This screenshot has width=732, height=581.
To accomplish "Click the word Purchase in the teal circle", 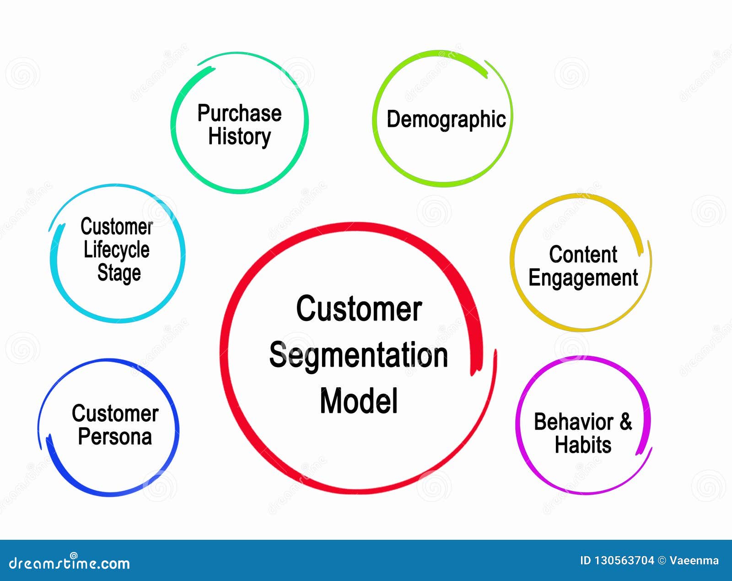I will click(x=239, y=113).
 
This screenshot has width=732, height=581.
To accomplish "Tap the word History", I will click(x=239, y=136).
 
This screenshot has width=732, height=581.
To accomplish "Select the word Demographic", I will click(x=446, y=119).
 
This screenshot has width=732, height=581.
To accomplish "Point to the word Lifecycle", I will click(x=117, y=250).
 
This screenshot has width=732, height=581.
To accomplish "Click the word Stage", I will click(x=119, y=273).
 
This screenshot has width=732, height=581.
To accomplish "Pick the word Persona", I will click(x=115, y=437).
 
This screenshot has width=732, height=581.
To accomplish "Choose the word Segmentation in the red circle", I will click(x=358, y=356).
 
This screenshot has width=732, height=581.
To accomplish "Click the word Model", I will click(x=359, y=402).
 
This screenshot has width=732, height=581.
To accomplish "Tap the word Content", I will click(x=583, y=255).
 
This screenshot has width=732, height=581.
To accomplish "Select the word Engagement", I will click(x=583, y=278).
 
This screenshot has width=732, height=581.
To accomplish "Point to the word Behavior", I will click(x=574, y=422).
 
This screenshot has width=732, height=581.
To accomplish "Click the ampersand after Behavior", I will click(x=626, y=421).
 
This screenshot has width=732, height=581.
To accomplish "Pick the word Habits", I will click(x=583, y=445).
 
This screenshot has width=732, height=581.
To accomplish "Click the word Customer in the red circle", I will click(x=359, y=309).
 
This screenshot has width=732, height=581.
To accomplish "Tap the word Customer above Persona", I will click(x=115, y=413).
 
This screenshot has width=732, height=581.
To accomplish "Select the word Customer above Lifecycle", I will click(x=117, y=227).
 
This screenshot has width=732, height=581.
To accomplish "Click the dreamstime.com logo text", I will click(x=70, y=563).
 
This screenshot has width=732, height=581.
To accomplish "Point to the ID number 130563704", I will click(x=624, y=561).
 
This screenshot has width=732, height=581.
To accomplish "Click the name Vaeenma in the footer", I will click(x=694, y=561).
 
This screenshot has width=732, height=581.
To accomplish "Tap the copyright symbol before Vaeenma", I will click(x=662, y=561).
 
